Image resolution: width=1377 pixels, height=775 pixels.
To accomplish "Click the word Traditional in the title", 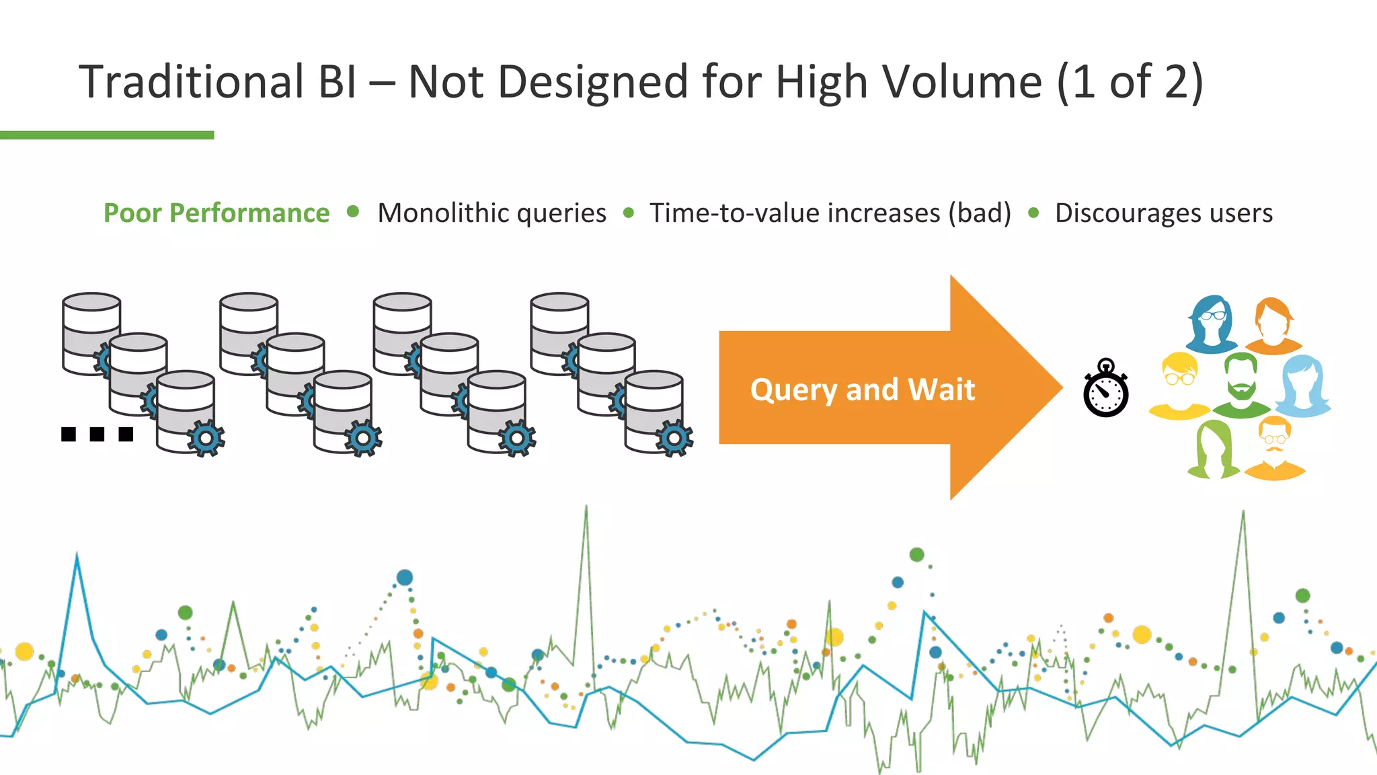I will click(192, 82).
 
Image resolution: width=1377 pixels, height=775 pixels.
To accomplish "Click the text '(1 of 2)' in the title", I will click(1130, 82).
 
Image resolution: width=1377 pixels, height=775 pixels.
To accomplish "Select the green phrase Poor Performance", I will click(217, 213).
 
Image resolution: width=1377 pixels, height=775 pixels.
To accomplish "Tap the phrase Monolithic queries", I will click(491, 213).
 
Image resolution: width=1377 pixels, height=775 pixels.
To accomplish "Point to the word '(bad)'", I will click(980, 213).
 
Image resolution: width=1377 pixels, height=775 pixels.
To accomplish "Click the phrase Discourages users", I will click(1163, 213).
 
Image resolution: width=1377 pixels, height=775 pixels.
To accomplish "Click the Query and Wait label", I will click(862, 390).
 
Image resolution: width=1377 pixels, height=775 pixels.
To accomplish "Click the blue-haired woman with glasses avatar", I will click(1211, 324).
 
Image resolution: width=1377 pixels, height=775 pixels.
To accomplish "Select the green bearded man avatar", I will click(1241, 385).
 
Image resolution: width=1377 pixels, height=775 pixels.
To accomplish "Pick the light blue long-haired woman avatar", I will click(1303, 386).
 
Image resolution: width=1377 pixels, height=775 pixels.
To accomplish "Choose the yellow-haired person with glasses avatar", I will click(1179, 386).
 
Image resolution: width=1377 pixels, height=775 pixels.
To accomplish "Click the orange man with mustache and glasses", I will click(1274, 447).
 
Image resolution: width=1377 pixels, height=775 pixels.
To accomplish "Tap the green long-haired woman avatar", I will click(1214, 449).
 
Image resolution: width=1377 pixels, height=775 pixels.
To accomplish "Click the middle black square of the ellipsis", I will click(97, 434).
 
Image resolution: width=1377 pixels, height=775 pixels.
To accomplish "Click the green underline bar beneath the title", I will click(107, 135).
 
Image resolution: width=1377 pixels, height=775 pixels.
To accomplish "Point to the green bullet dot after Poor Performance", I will click(353, 213).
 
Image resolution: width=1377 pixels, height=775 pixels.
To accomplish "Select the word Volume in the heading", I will click(961, 82).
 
